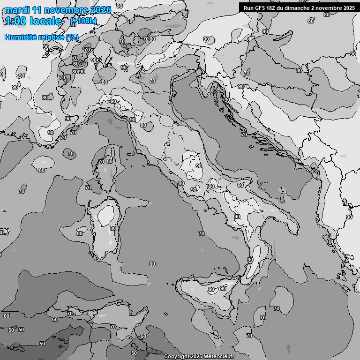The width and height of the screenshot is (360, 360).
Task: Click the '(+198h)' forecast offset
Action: click(x=83, y=21)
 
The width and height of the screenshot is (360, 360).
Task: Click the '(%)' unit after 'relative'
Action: click(x=72, y=37)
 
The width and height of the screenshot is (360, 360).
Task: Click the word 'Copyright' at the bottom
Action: click(x=177, y=357)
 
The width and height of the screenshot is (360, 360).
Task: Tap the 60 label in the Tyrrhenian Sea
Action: click(x=152, y=264)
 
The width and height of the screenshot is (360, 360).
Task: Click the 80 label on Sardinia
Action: click(x=112, y=228)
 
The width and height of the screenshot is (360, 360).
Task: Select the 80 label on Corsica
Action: click(x=110, y=161)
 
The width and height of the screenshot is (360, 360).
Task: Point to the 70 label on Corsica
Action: click(x=101, y=162)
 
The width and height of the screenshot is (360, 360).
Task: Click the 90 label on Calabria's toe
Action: click(x=250, y=260)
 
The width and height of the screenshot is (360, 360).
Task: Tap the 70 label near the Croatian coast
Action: click(x=244, y=135)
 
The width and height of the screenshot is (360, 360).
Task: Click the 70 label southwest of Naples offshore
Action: click(x=202, y=233)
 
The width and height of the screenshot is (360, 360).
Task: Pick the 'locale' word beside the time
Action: click(x=45, y=21)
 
